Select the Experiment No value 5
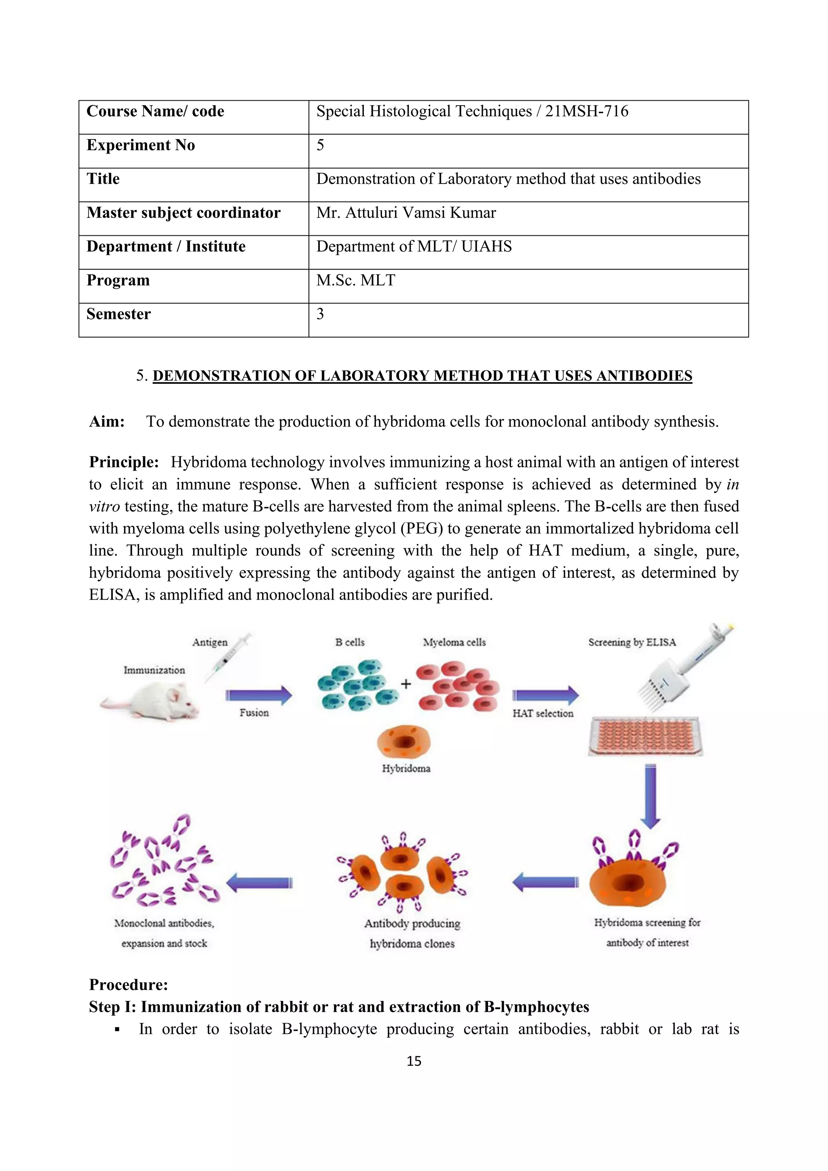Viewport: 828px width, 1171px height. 320,145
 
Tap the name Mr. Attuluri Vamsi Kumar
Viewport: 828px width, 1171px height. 406,213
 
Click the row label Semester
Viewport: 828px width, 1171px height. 118,314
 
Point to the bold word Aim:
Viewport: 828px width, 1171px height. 107,422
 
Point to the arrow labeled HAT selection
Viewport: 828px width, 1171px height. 545,695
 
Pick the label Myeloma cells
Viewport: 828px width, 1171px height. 454,643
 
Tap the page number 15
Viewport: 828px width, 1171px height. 414,1061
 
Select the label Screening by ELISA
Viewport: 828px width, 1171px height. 632,643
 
